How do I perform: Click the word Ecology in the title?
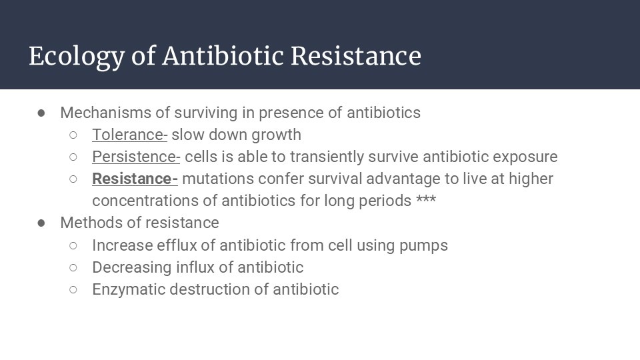(77, 56)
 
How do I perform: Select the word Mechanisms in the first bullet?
(106, 113)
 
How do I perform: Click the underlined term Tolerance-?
(130, 135)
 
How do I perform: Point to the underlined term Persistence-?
(136, 157)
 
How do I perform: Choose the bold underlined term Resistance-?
(135, 179)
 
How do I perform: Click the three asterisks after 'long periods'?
(426, 200)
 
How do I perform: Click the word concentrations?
(155, 201)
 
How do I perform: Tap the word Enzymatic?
(129, 290)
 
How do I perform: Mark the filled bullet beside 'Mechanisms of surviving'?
(41, 113)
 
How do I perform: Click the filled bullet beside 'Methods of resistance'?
(41, 223)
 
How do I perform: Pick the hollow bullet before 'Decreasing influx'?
(73, 268)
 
